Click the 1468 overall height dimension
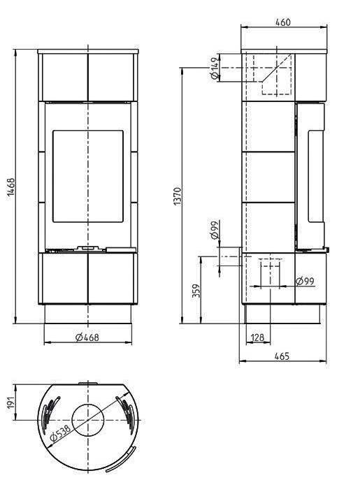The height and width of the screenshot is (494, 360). pyautogui.click(x=11, y=187)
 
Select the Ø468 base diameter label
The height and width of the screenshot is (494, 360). pyautogui.click(x=87, y=337)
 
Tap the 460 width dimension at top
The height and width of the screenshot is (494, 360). pyautogui.click(x=283, y=22)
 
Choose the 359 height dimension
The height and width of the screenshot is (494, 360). pyautogui.click(x=196, y=290)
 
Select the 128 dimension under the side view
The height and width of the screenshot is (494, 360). pyautogui.click(x=257, y=337)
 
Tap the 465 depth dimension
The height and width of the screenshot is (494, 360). pyautogui.click(x=282, y=356)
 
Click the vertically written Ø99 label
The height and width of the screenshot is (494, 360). pyautogui.click(x=214, y=231)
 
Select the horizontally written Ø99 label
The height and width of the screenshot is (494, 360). pyautogui.click(x=304, y=281)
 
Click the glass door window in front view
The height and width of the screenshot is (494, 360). pyautogui.click(x=87, y=175)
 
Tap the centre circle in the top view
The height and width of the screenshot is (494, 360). pyautogui.click(x=87, y=419)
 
